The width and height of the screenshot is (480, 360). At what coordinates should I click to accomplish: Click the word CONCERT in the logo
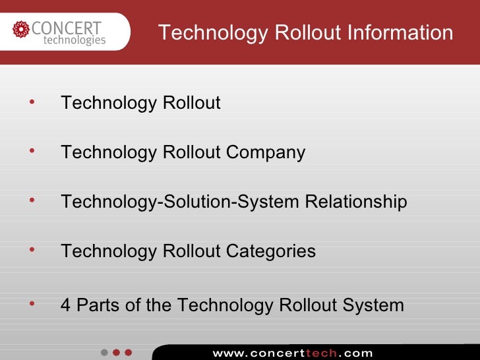(x=67, y=28)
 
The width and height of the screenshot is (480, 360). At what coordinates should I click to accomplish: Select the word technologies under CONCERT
(x=74, y=40)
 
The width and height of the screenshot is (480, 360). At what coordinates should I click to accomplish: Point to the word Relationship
(x=356, y=202)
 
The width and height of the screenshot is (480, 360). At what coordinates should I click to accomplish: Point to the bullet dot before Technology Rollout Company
(x=30, y=151)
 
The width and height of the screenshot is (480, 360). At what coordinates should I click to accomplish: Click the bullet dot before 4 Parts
(x=30, y=303)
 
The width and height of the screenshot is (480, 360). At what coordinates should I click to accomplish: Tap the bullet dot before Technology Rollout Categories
(x=30, y=249)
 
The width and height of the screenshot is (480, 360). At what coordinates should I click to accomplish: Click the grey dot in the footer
(x=104, y=353)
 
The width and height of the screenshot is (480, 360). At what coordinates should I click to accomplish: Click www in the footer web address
(x=227, y=353)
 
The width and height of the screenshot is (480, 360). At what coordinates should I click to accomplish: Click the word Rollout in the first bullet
(x=191, y=104)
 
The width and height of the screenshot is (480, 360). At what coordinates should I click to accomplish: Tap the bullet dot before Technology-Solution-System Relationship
(x=30, y=200)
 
